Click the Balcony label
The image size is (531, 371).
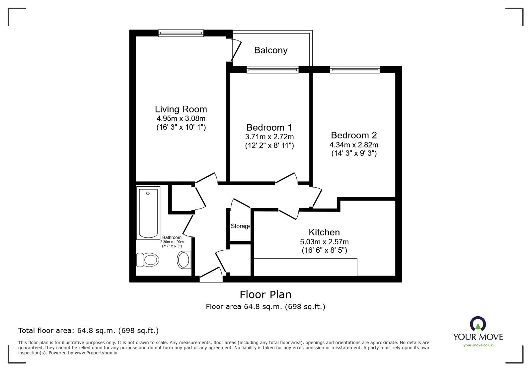[271, 50]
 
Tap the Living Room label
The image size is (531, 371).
[181, 109]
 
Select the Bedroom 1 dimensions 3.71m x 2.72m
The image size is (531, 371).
[269, 137]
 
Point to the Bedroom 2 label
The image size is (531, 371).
[354, 135]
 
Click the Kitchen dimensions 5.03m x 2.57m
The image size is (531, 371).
[324, 242]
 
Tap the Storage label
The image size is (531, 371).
[240, 226]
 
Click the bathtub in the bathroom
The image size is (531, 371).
[148, 213]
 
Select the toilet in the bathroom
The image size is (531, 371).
[147, 260]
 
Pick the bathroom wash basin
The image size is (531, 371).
[184, 260]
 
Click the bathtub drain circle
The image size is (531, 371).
[148, 193]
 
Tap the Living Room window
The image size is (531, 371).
[181, 33]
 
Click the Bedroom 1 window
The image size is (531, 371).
[272, 69]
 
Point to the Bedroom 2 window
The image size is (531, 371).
[355, 69]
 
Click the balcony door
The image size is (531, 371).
[236, 50]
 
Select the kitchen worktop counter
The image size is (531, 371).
[305, 267]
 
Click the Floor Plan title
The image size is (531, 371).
[265, 295]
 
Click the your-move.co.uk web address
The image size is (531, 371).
[478, 345]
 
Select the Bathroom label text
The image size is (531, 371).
[172, 237]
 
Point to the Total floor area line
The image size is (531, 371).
[88, 331]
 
